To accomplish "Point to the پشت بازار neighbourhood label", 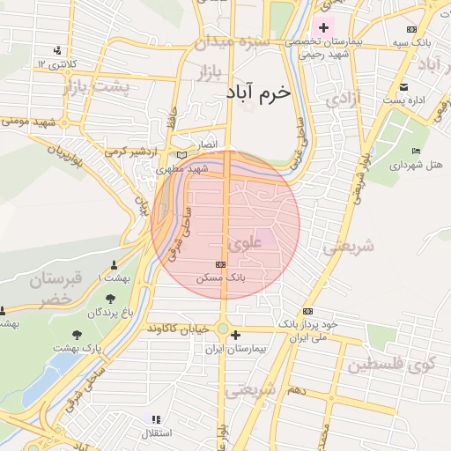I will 96,87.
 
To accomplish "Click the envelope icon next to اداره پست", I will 403,86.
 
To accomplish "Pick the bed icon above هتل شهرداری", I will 416,151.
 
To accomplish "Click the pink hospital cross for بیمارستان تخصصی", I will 323,27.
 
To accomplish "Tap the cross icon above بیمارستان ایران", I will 234,335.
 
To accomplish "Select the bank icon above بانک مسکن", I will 220,264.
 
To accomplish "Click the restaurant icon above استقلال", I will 156,419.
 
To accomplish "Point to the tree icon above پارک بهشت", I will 77,335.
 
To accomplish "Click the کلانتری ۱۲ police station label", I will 56,63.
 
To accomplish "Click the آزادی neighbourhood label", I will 342,99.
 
